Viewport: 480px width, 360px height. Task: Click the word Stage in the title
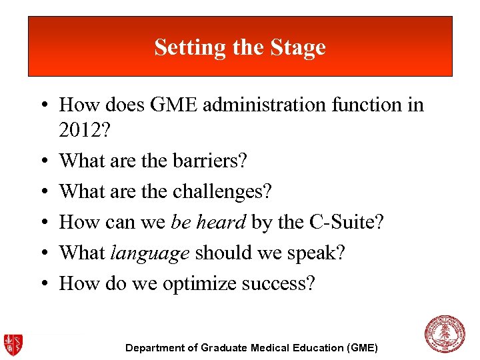(298, 47)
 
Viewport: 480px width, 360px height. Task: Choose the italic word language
(150, 253)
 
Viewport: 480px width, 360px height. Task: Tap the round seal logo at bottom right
(445, 334)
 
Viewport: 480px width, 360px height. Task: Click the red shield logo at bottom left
(13, 343)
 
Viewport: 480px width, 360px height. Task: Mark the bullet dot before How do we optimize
(42, 284)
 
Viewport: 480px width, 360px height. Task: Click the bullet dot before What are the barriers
(42, 161)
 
